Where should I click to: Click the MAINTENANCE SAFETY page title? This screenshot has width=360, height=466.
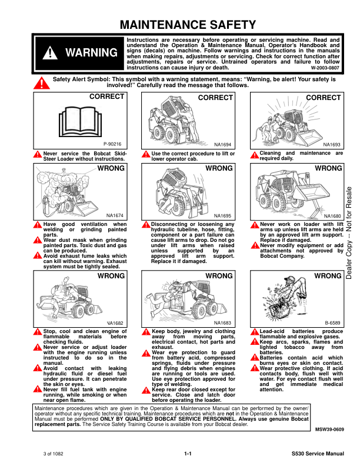[188, 25]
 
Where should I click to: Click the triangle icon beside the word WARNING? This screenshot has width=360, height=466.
[50, 53]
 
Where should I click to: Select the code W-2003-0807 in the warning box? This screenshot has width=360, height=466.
[325, 68]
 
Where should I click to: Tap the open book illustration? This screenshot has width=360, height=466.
[80, 122]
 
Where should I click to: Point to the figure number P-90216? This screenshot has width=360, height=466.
[112, 144]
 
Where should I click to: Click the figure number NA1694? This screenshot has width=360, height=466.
[222, 145]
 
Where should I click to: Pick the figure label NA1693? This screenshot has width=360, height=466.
[332, 145]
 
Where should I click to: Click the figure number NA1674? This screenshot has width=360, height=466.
[115, 216]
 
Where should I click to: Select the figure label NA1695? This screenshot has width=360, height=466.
[222, 216]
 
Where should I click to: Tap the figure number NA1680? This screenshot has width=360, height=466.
[332, 216]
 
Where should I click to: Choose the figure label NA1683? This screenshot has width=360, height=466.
[222, 323]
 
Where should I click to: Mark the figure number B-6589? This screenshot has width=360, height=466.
[332, 323]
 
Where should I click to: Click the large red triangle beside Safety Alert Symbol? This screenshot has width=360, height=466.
[42, 83]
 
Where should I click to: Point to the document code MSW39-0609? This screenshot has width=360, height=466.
[329, 430]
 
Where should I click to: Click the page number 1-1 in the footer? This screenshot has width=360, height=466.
[188, 454]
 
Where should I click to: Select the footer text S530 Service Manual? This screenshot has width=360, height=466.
[318, 454]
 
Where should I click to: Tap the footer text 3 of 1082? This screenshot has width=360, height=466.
[53, 454]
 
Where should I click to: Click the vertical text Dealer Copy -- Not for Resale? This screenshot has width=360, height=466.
[349, 232]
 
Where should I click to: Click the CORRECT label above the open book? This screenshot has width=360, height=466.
[106, 96]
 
